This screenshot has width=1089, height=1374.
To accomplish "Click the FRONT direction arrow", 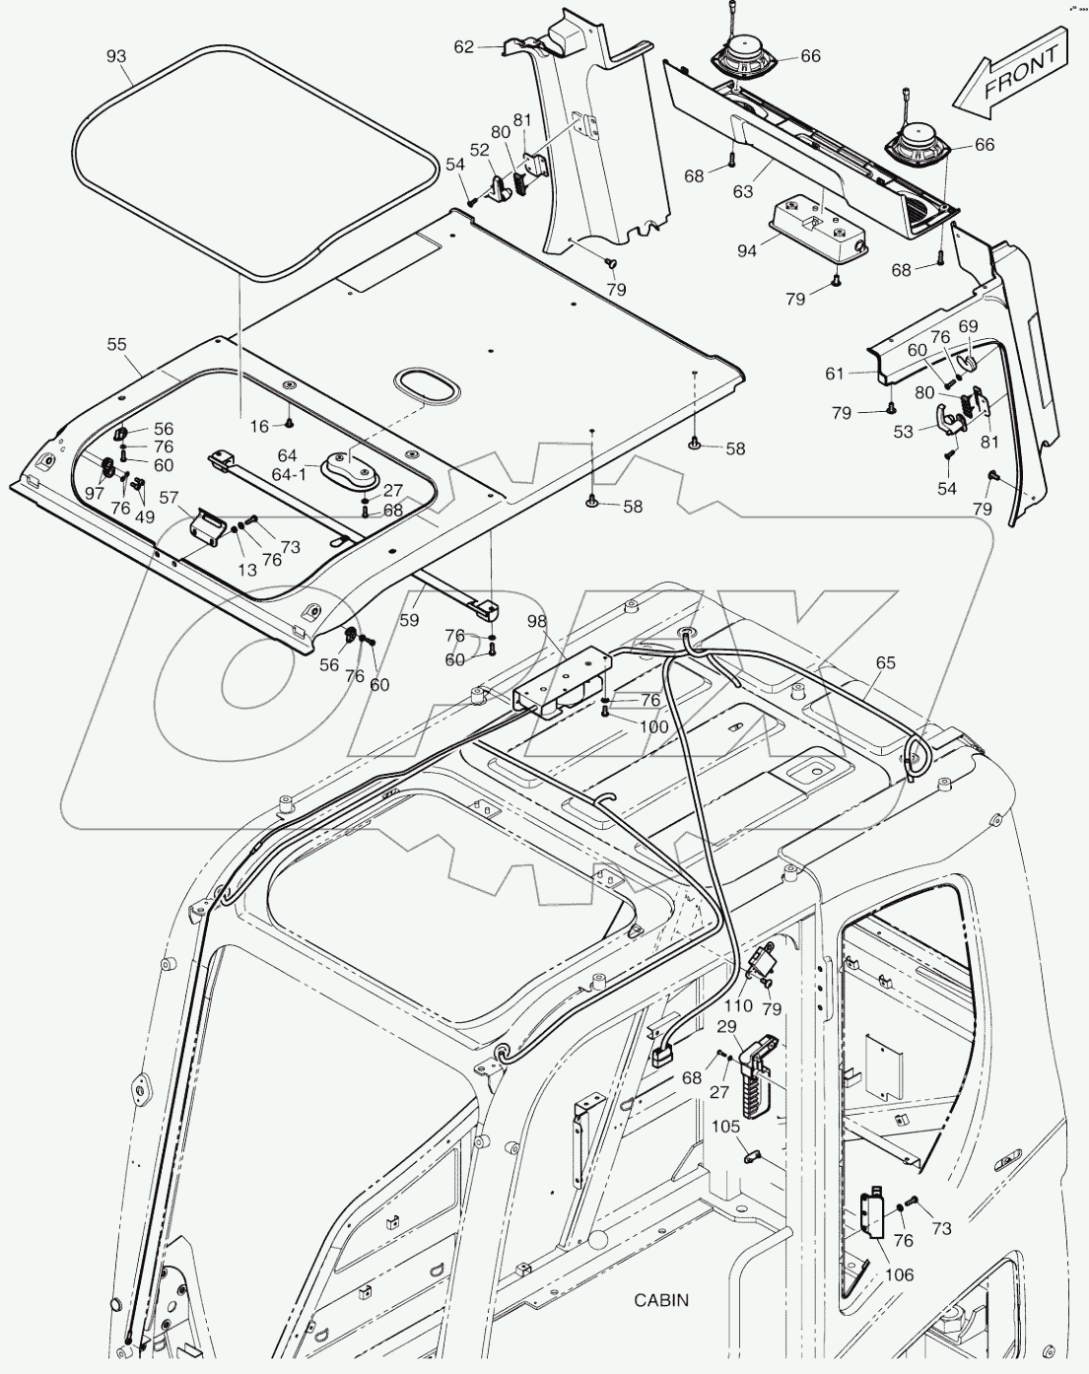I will pos(1013,76).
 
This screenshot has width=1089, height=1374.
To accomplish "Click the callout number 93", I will pos(117,57).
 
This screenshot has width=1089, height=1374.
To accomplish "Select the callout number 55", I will pos(117,344).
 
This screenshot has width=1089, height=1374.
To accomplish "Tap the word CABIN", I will pos(661,1300).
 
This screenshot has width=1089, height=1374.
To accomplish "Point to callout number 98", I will pos(536,621).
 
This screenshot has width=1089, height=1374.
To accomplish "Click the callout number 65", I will pos(885,663).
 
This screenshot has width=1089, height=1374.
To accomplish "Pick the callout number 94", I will pos(746,250).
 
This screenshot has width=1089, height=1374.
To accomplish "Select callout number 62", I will pos(464,46).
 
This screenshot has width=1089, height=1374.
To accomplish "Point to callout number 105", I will pos(724,1127).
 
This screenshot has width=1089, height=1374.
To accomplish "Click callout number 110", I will pos(739,1006).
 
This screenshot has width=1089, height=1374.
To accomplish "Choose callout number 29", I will pos(726,1028).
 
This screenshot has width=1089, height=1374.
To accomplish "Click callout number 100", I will pos(653,726).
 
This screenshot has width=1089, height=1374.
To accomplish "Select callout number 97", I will pos(95,492).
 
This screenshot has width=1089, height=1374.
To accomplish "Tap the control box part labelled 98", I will pos(562,680).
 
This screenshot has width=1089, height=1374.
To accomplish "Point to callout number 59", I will pos(408,620).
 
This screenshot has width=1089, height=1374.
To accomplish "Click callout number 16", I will pos(258,426).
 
